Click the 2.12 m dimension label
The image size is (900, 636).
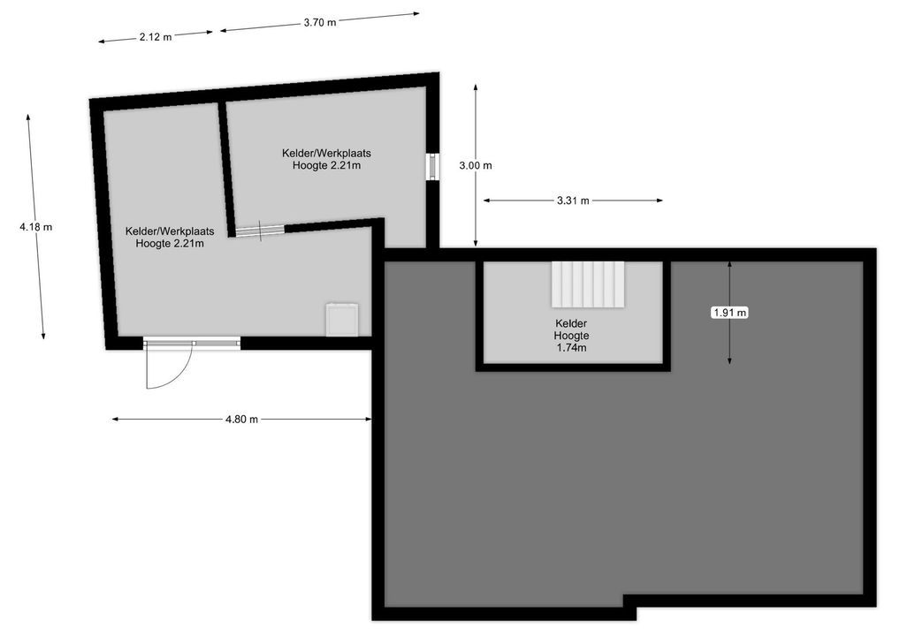click(155, 36)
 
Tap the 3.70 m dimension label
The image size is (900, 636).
click(319, 22)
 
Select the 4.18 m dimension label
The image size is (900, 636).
click(35, 227)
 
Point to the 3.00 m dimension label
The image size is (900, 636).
click(476, 165)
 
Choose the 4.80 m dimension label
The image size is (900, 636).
click(241, 420)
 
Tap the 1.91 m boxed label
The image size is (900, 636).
click(729, 312)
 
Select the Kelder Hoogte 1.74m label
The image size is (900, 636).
click(571, 336)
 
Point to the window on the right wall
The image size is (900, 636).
click(432, 166)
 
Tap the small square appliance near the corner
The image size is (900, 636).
click(342, 319)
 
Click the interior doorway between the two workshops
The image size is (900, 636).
click(260, 231)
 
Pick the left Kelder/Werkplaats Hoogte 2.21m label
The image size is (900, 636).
click(170, 238)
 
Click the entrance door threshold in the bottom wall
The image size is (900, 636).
click(192, 343)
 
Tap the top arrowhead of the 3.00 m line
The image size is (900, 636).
click(476, 87)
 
